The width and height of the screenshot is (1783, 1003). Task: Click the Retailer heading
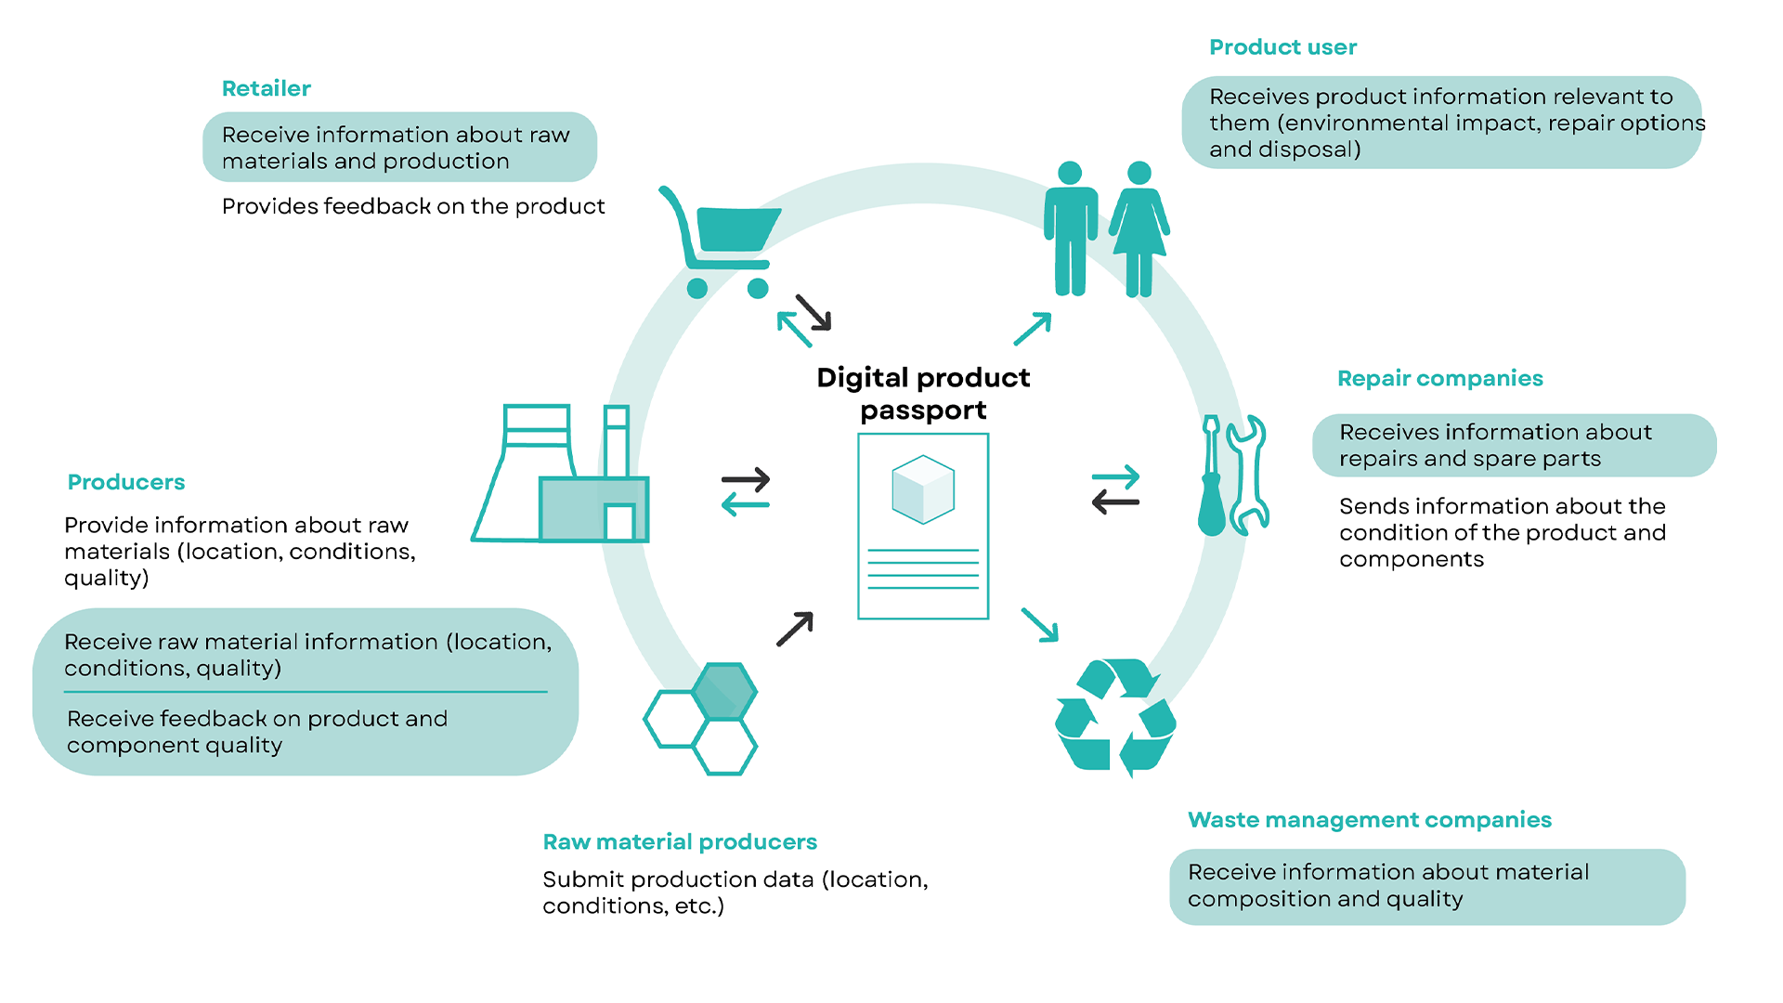point(266,88)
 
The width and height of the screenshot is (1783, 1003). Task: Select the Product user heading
point(1282,47)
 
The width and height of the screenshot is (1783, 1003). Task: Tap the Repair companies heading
point(1439,378)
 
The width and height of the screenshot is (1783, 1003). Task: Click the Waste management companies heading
point(1369,820)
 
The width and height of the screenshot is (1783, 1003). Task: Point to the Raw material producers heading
point(680,841)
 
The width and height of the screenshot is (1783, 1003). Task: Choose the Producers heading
point(126,482)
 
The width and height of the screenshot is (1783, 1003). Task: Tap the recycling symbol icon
point(1115,716)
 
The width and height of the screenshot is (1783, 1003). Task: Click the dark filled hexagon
point(724,692)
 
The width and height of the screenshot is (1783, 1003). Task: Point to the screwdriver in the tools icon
point(1211,478)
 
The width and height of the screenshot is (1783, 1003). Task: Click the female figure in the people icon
point(1139,228)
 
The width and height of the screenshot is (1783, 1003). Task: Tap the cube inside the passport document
point(923,489)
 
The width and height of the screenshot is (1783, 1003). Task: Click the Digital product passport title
point(923,394)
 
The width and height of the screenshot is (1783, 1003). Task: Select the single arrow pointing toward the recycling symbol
point(1040,625)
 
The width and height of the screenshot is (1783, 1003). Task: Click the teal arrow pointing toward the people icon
point(1033,329)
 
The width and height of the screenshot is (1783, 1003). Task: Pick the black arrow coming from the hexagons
point(795,629)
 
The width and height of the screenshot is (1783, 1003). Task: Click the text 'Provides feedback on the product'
point(413,206)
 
